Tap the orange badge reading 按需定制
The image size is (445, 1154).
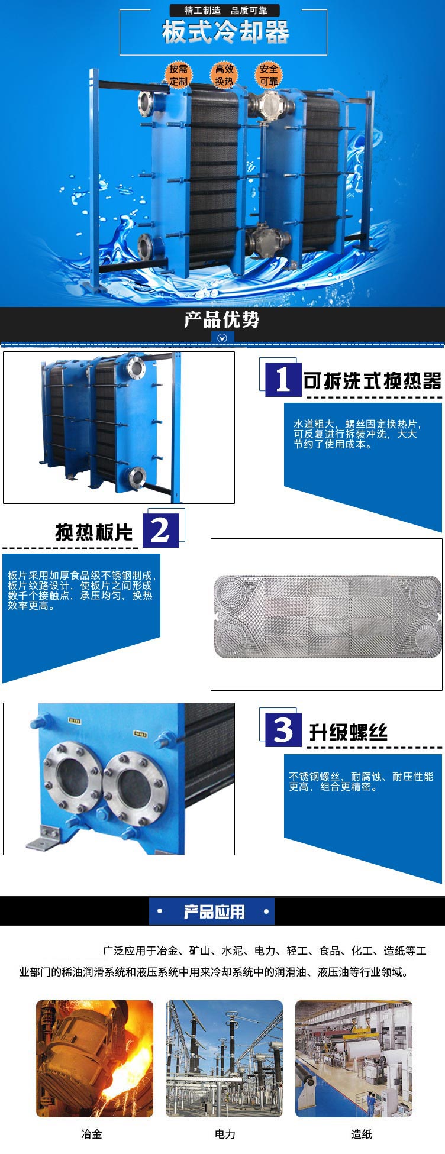pyautogui.click(x=178, y=75)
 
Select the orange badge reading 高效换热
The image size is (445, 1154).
pyautogui.click(x=224, y=75)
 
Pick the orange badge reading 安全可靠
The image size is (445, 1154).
pyautogui.click(x=269, y=75)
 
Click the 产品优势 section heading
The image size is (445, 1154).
pyautogui.click(x=222, y=320)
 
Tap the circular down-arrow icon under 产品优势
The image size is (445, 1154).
pyautogui.click(x=222, y=338)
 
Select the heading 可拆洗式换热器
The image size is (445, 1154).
pyautogui.click(x=372, y=381)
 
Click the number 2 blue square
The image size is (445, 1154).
pyautogui.click(x=160, y=530)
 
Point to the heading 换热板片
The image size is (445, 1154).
pyautogui.click(x=93, y=532)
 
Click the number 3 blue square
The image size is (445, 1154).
pyautogui.click(x=283, y=729)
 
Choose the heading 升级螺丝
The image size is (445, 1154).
pyautogui.click(x=348, y=732)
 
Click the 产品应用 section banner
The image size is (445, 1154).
pyautogui.click(x=213, y=911)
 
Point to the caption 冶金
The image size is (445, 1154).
pyautogui.click(x=92, y=1134)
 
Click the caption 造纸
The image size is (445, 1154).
pyautogui.click(x=361, y=1134)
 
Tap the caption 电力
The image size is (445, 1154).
pyautogui.click(x=225, y=1134)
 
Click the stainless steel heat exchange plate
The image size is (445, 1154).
pyautogui.click(x=327, y=615)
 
